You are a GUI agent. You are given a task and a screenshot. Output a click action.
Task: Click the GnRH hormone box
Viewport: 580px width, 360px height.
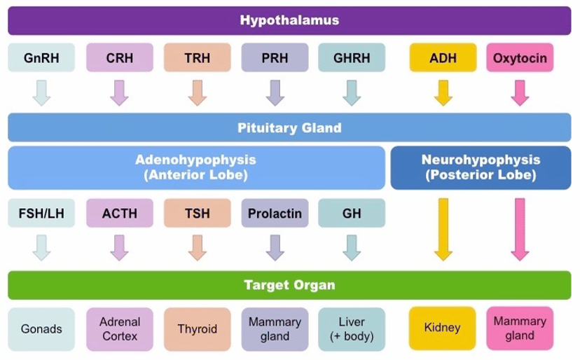(41, 57)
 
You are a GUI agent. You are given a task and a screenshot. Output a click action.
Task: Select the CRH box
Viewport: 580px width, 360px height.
(120, 57)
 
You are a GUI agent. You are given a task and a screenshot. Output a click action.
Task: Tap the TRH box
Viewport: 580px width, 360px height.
(197, 57)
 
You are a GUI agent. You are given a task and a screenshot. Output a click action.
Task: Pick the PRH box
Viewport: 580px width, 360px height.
(275, 57)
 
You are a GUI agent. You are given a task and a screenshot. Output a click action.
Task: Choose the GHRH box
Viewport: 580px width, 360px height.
(352, 57)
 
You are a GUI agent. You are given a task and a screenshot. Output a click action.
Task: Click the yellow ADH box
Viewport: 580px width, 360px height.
(443, 57)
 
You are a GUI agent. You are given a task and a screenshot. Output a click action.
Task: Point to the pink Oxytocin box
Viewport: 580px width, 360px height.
(520, 57)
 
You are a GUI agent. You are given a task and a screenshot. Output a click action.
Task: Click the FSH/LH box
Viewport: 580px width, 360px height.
(41, 213)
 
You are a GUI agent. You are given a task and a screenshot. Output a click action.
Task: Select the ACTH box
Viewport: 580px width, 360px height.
(120, 213)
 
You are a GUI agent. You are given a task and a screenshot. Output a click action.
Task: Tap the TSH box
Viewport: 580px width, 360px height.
(197, 213)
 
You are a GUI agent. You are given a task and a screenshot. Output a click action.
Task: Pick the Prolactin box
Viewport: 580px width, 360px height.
(275, 213)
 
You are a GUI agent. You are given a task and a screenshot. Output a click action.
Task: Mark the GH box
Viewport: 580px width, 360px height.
(352, 213)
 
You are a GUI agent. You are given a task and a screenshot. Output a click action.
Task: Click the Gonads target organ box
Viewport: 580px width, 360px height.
(41, 329)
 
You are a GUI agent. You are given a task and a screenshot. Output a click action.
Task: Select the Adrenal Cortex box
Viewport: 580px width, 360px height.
(120, 329)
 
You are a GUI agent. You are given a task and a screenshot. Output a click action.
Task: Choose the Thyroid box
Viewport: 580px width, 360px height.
(197, 329)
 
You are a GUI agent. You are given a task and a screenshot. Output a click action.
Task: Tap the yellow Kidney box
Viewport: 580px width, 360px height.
(443, 328)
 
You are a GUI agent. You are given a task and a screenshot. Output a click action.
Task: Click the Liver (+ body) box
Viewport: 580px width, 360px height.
(352, 329)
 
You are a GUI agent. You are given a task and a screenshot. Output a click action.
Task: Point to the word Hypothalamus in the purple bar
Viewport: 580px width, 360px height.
(289, 20)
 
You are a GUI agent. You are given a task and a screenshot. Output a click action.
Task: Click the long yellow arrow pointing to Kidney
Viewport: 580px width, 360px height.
(443, 230)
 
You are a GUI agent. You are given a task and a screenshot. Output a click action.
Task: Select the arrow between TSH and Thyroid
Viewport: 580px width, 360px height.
(197, 247)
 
